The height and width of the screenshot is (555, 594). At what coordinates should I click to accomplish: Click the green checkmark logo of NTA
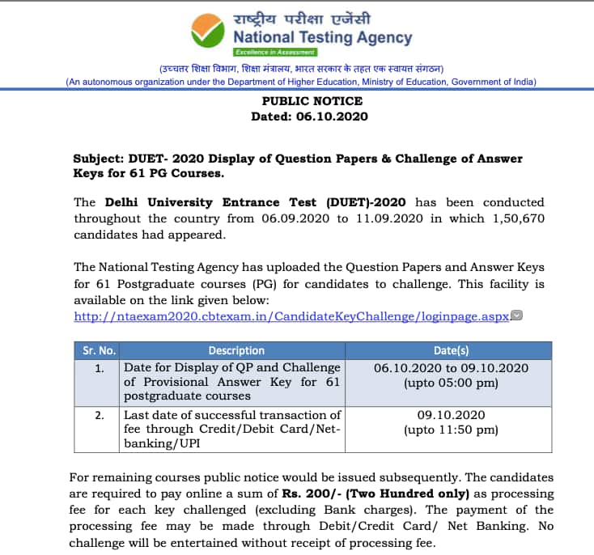pyautogui.click(x=208, y=30)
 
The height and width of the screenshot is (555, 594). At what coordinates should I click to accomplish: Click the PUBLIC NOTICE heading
pyautogui.click(x=312, y=101)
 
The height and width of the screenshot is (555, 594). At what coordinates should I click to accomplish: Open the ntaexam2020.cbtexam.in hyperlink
pyautogui.click(x=292, y=316)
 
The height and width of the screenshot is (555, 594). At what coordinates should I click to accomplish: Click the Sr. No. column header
pyautogui.click(x=99, y=350)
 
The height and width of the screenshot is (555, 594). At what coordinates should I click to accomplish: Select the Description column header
pyautogui.click(x=236, y=350)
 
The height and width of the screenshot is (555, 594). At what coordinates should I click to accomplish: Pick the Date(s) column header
pyautogui.click(x=451, y=350)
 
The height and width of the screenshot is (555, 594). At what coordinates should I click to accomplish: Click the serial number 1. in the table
pyautogui.click(x=99, y=367)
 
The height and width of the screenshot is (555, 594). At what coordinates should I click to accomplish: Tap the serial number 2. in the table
pyautogui.click(x=99, y=415)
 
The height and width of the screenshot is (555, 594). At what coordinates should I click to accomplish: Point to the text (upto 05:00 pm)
pyautogui.click(x=451, y=382)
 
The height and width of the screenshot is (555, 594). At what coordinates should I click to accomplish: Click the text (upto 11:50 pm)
pyautogui.click(x=451, y=430)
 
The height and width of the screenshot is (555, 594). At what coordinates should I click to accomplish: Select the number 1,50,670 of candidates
pyautogui.click(x=511, y=218)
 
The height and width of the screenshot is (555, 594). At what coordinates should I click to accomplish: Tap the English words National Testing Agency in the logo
pyautogui.click(x=322, y=38)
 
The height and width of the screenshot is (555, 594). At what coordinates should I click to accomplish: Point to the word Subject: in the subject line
pyautogui.click(x=100, y=159)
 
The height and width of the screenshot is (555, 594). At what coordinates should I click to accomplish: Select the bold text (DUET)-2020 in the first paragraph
pyautogui.click(x=366, y=202)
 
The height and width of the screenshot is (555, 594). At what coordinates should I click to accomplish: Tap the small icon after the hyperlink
pyautogui.click(x=517, y=316)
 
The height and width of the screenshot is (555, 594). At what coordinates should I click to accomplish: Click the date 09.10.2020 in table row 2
pyautogui.click(x=451, y=415)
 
